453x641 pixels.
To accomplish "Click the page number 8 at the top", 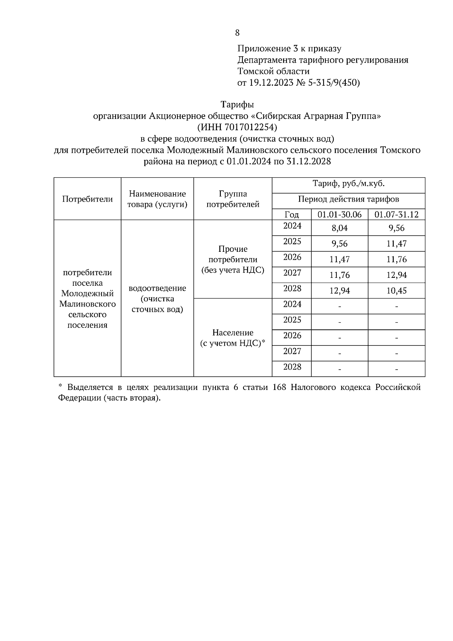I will (x=237, y=33).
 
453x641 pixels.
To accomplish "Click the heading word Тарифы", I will (x=237, y=104).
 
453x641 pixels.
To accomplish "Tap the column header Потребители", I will (x=87, y=199).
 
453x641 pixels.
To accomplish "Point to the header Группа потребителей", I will (x=233, y=199).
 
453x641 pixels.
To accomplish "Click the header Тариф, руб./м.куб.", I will (x=348, y=184).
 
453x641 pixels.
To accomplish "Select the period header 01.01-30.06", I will (x=339, y=214).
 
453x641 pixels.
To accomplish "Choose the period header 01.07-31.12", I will (x=396, y=214).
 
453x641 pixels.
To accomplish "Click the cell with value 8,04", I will (x=339, y=228).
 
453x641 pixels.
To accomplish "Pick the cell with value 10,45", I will (x=396, y=291).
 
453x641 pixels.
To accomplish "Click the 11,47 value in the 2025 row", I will (x=396, y=244).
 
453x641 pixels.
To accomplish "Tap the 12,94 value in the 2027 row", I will (x=396, y=275).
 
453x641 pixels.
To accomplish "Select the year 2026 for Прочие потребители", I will (x=292, y=257).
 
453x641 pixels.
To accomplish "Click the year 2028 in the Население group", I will (x=292, y=367).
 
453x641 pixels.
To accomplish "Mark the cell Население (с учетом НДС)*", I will (x=233, y=338).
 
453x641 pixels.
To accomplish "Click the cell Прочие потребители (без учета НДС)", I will (x=233, y=259).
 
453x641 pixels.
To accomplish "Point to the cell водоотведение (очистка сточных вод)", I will (x=157, y=299).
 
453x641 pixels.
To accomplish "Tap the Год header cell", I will (x=291, y=214).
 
